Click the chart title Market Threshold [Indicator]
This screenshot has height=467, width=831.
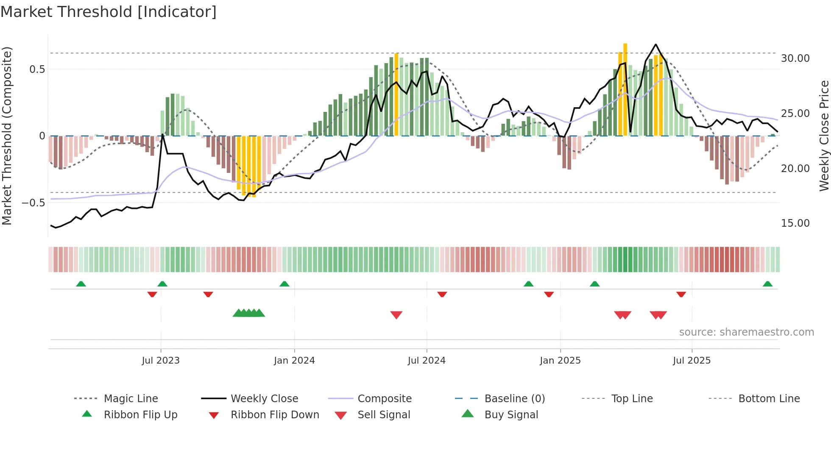109,12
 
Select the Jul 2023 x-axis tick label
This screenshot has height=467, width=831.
161,361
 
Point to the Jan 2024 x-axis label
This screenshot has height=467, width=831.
294,361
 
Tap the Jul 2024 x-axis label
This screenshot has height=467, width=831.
427,361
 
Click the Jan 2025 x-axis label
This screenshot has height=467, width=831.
560,361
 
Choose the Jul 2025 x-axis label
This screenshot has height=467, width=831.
692,361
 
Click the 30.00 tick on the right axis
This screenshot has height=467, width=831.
795,58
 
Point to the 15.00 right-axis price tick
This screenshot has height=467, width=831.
795,223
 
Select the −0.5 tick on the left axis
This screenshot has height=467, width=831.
33,203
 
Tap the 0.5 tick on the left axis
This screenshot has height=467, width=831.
37,69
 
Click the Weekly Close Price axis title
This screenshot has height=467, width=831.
824,136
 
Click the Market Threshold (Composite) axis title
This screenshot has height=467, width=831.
7,136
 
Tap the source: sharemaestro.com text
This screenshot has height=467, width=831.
746,332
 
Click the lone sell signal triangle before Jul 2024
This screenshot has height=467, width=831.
396,315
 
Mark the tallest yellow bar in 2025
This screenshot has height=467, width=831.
625,89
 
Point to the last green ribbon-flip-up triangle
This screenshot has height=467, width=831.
767,284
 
